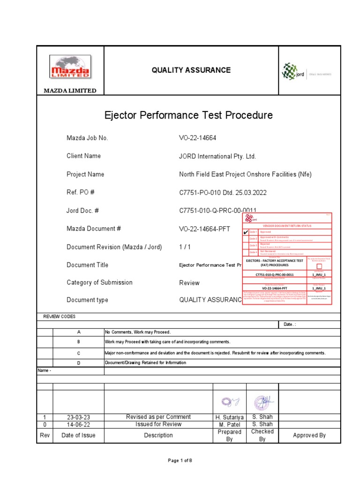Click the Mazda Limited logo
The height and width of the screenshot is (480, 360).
(70, 67)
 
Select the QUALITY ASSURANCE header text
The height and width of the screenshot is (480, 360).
(191, 70)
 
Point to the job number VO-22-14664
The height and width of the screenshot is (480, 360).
(198, 138)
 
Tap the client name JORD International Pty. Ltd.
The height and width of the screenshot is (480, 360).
(217, 157)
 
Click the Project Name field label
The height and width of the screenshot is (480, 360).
(85, 174)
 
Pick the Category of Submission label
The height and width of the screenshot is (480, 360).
(99, 283)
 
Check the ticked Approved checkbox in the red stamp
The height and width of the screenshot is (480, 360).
(245, 232)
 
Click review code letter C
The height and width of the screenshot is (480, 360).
(79, 353)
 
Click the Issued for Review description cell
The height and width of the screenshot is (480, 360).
(158, 424)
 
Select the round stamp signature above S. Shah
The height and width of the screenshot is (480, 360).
(262, 402)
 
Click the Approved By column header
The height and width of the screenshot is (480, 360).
(309, 435)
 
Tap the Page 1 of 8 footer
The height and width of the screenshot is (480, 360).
(180, 461)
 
